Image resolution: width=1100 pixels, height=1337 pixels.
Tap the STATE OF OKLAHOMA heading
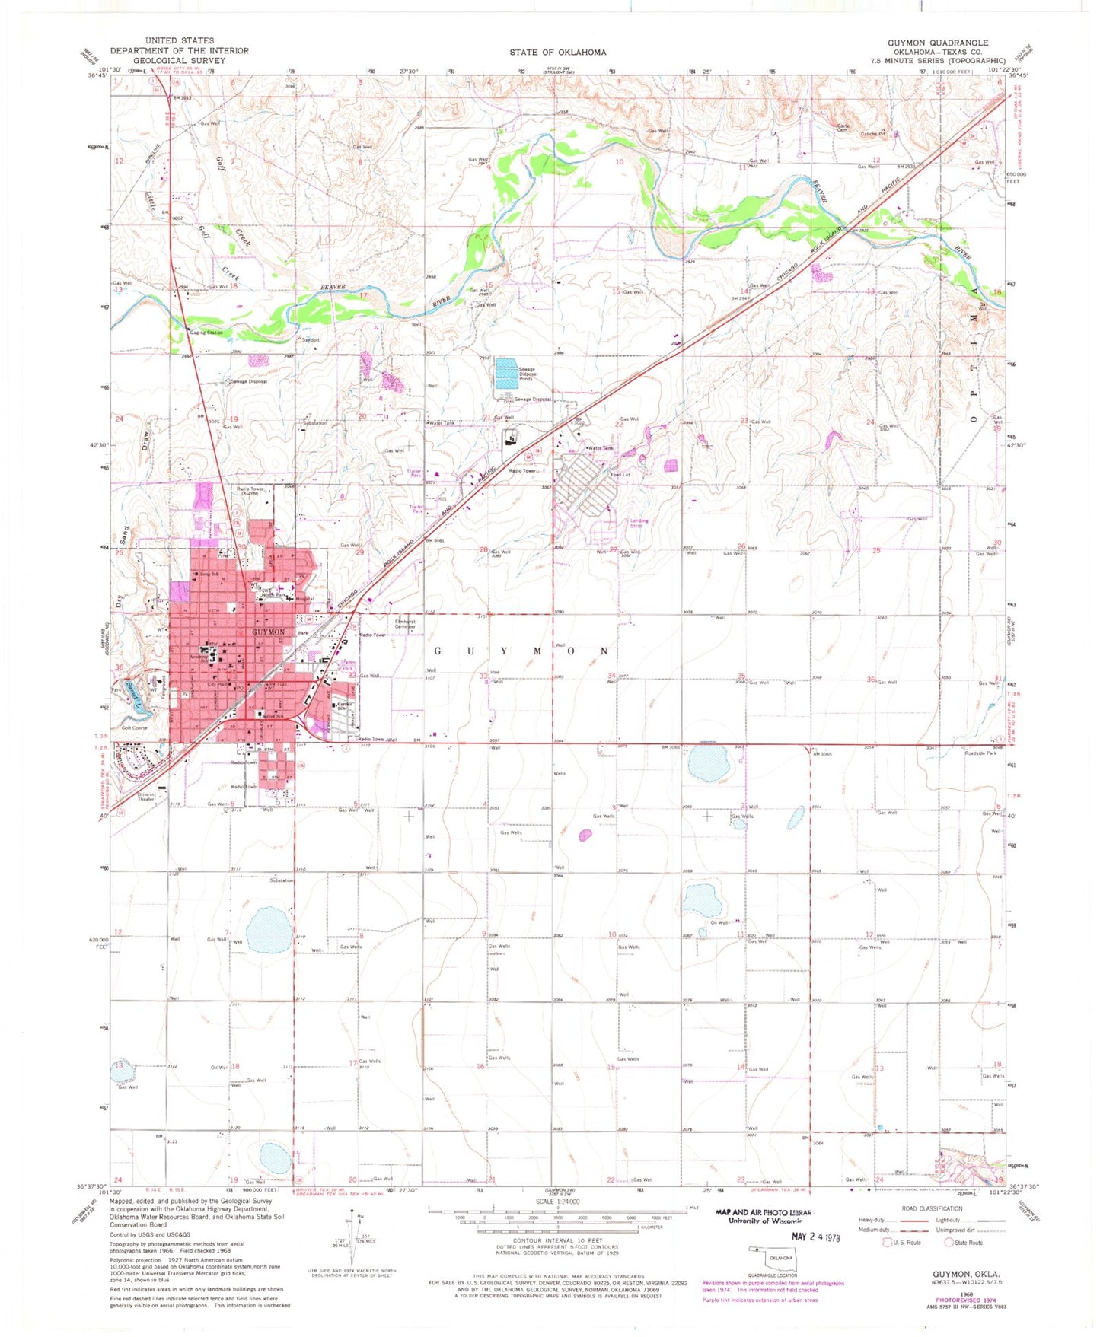558,53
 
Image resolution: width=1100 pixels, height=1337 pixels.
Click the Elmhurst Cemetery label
405,624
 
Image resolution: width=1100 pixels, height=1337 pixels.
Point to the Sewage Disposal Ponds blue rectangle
515,374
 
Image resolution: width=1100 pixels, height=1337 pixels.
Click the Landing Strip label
639,524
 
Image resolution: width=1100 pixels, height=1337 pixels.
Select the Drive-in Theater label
145,796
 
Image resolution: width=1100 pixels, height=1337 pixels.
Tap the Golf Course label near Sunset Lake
134,728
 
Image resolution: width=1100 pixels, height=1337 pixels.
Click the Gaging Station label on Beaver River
206,333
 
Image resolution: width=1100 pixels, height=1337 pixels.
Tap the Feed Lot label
620,475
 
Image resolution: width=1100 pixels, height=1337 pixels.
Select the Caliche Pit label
873,134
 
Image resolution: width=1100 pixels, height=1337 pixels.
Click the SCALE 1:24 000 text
557,1202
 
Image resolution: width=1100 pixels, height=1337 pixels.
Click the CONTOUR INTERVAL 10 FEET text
557,1240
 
